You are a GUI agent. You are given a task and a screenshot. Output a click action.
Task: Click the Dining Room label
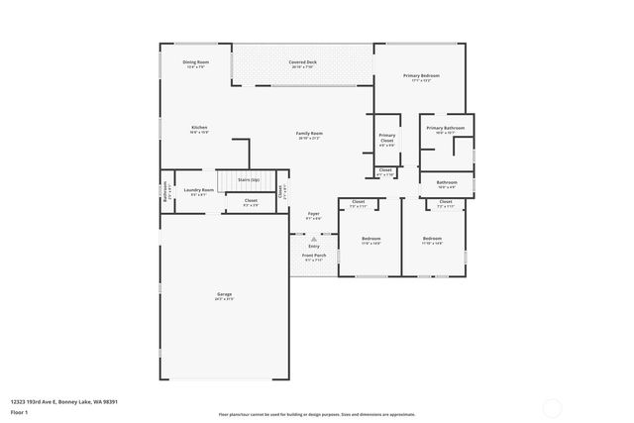pos(194,62)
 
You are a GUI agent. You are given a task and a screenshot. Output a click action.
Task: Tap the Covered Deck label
pos(303,62)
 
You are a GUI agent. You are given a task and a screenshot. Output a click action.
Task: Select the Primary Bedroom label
pos(421,75)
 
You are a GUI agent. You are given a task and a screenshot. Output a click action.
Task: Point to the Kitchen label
pos(199,127)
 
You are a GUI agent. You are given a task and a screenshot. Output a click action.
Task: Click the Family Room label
pos(309,133)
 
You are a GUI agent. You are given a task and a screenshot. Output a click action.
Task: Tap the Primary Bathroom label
pos(446,128)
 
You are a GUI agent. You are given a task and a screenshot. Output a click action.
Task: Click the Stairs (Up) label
pos(249,179)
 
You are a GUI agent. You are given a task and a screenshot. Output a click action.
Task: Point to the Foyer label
pos(313,213)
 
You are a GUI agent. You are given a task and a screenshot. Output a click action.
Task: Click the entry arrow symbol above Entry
pos(313,239)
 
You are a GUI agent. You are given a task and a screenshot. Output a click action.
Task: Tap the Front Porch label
pos(313,256)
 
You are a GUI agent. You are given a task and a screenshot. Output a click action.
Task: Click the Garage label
pos(225,294)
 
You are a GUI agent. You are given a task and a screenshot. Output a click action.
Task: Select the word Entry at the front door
pos(313,246)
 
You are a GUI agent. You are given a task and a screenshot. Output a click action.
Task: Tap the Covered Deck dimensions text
pos(303,67)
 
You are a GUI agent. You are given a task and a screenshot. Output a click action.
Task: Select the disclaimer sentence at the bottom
pos(316,414)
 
